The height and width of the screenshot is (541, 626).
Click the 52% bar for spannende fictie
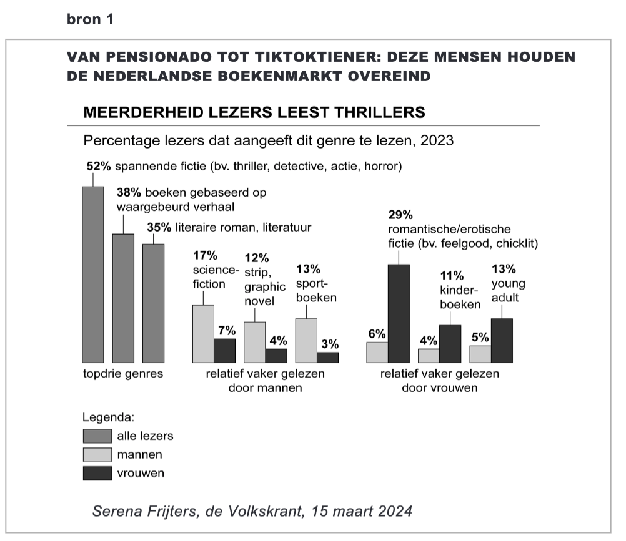tap(93, 274)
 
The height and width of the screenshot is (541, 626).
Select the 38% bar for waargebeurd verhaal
tap(123, 298)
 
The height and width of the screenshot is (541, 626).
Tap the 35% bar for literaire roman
tap(153, 303)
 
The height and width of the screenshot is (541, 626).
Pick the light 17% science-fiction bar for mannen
tap(203, 333)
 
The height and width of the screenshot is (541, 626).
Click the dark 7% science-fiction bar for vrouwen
tap(224, 350)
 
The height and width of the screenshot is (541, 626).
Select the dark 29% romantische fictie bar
tap(399, 313)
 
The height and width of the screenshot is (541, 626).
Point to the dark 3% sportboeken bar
tap(327, 357)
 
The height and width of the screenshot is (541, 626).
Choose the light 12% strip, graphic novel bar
tap(254, 342)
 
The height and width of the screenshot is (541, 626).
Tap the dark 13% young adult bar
tap(502, 340)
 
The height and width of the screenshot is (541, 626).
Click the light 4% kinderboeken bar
tap(429, 355)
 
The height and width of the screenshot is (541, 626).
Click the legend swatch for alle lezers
tap(97, 436)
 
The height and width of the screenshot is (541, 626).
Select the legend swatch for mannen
tap(97, 454)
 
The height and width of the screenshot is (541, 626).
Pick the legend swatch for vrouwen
tap(97, 473)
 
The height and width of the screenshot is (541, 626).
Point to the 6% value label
tap(377, 334)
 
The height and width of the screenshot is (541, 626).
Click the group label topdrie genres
tap(123, 374)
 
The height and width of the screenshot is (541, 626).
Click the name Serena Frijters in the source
tap(147, 511)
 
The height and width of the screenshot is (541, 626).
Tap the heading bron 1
tap(91, 19)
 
